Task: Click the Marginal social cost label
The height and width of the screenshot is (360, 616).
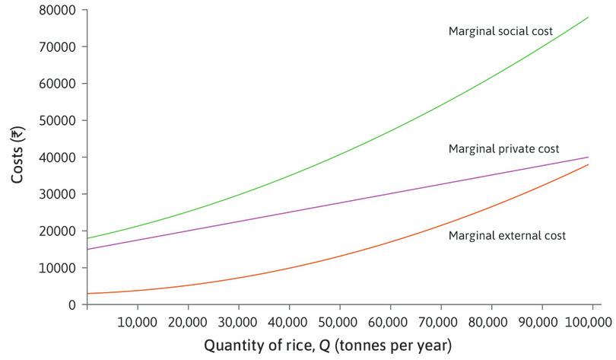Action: (x=500, y=31)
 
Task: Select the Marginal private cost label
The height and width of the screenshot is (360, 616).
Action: (x=503, y=148)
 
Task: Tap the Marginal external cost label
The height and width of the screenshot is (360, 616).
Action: (x=506, y=236)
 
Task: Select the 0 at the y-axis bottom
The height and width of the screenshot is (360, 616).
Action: (x=72, y=304)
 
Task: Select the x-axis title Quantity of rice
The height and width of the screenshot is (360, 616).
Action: (x=327, y=345)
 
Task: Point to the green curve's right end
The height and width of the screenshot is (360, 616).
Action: (x=589, y=17)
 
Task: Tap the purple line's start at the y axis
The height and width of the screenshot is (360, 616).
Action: (x=87, y=249)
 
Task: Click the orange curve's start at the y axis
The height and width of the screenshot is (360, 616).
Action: (x=87, y=293)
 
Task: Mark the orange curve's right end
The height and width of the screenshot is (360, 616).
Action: (x=589, y=164)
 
